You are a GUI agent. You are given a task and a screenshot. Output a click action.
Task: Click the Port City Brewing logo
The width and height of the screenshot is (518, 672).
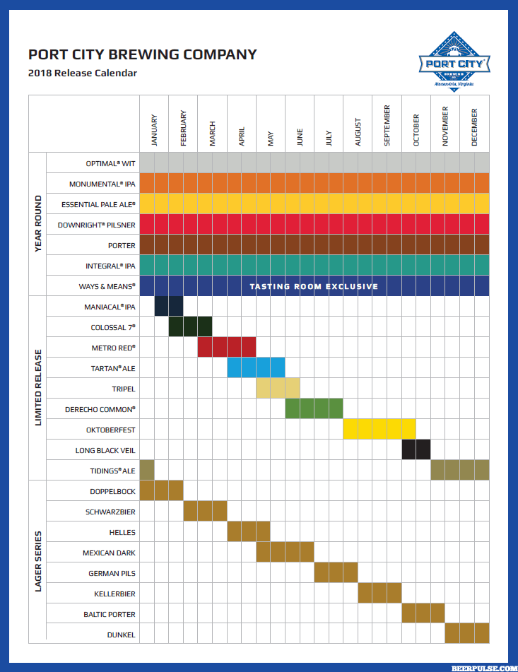coord(454,61)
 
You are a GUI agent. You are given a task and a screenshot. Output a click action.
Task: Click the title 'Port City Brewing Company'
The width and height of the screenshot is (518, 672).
coord(142,54)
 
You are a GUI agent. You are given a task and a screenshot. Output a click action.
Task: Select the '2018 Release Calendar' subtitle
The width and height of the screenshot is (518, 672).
coord(83,73)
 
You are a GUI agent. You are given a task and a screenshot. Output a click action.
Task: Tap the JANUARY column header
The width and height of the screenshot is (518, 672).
coord(154,130)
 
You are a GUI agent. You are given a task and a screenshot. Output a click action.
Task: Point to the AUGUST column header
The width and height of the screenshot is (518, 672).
coord(358,131)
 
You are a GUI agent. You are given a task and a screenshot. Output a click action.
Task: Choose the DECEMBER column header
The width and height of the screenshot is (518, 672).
coord(474,127)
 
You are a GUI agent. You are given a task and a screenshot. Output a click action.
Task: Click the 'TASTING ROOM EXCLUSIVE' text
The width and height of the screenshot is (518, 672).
coord(314,286)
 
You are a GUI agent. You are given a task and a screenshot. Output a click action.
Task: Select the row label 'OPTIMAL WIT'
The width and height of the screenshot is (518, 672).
coord(110,163)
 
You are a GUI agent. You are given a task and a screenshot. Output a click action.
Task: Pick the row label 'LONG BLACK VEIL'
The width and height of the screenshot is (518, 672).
coord(105,450)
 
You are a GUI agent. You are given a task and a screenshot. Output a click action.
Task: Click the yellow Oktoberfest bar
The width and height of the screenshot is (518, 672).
coord(379,429)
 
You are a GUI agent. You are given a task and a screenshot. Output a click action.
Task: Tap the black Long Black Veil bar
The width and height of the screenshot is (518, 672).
coord(416,449)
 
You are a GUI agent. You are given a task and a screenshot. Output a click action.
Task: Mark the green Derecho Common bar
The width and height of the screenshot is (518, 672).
coord(314,408)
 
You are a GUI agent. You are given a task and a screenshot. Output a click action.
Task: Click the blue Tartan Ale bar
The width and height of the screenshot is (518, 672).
coord(256,367)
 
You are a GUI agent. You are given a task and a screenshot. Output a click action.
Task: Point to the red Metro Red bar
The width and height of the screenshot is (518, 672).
coord(226,347)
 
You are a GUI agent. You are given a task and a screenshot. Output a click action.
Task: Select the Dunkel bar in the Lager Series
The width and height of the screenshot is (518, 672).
coord(466,634)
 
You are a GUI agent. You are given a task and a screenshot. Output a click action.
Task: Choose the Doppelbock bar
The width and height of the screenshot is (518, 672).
coord(161,490)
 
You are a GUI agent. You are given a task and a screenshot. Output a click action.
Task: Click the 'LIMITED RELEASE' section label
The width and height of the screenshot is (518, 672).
coord(37,388)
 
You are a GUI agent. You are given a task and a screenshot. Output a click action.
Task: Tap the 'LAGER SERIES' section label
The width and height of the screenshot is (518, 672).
coord(37,561)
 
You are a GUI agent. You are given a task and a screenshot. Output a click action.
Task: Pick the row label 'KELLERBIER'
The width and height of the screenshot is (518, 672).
coord(114,594)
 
